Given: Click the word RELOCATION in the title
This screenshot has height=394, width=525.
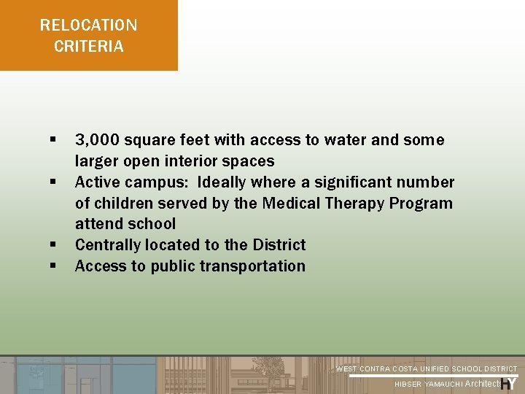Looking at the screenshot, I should pyautogui.click(x=88, y=26).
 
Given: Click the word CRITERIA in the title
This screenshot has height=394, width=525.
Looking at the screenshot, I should pyautogui.click(x=89, y=47).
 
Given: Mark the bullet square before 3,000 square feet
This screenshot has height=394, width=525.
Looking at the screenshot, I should pyautogui.click(x=53, y=139).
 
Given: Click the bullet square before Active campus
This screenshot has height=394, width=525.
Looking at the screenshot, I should pyautogui.click(x=53, y=181).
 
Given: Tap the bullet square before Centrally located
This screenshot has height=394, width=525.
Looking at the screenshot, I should pyautogui.click(x=53, y=244).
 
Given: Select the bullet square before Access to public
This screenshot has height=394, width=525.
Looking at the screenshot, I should pyautogui.click(x=53, y=266).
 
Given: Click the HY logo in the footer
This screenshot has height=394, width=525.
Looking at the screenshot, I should pyautogui.click(x=509, y=382).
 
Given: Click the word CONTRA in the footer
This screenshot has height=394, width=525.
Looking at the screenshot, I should pyautogui.click(x=376, y=369).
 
